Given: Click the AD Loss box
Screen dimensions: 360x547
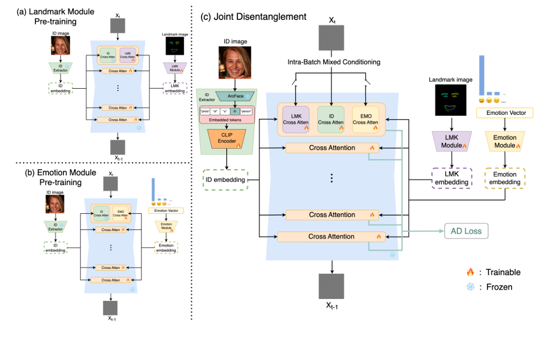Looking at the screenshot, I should click(466, 231).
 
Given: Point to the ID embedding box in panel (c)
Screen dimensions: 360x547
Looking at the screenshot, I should click(225, 179).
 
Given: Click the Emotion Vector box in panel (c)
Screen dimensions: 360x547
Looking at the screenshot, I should click(505, 113).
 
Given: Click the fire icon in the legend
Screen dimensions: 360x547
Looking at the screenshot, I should click(469, 272).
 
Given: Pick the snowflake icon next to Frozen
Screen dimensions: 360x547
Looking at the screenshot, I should click(469, 287).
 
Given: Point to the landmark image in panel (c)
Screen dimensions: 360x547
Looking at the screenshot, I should click(450, 100).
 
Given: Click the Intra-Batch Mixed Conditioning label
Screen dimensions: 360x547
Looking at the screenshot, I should click(331, 62).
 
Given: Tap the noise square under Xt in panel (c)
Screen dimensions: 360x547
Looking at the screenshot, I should click(331, 38).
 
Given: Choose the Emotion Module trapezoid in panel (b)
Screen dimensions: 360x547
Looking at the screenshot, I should click(166, 226).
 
